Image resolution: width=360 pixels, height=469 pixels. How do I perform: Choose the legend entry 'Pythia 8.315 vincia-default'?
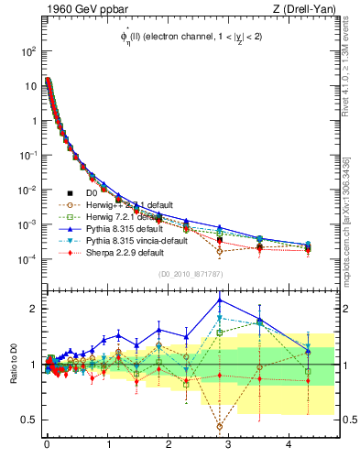137,240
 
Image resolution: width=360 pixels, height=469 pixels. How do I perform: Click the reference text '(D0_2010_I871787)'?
190,273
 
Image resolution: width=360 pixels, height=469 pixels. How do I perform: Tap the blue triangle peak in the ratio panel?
220,300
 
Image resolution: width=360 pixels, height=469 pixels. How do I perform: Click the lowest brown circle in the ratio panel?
220,426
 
